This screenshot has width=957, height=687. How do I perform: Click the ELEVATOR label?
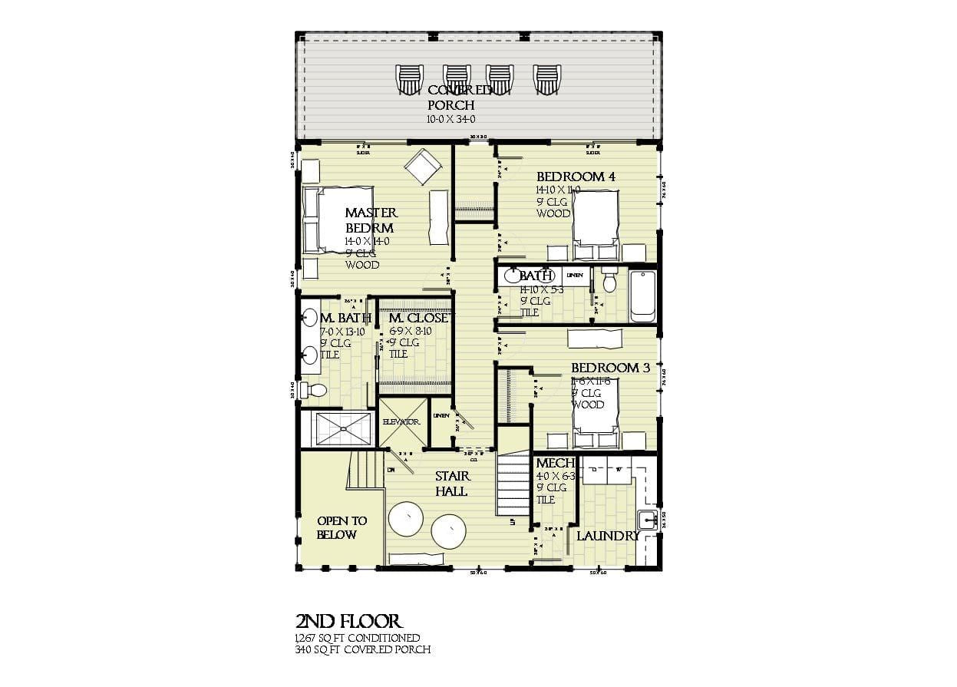coord(401,422)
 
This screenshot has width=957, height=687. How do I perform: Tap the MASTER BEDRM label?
coord(370,220)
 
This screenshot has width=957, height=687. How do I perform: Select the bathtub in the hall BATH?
coord(642,296)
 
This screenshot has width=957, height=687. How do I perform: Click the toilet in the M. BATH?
coord(313,390)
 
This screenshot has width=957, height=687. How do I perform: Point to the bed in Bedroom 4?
coord(597,218)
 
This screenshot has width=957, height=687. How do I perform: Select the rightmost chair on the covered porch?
coord(547,79)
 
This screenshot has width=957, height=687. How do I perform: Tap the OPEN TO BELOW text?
coord(342,527)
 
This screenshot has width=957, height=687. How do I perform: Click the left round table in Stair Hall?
coord(406,520)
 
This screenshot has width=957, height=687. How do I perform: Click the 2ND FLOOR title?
coord(348,621)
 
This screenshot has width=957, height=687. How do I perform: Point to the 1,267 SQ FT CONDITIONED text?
coord(358,638)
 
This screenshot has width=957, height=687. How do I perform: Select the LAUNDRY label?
coord(608,536)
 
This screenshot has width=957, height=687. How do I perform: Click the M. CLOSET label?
coord(421,318)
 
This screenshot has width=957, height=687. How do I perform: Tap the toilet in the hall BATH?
coord(610,282)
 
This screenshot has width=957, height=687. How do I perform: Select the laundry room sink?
coord(647,520)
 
